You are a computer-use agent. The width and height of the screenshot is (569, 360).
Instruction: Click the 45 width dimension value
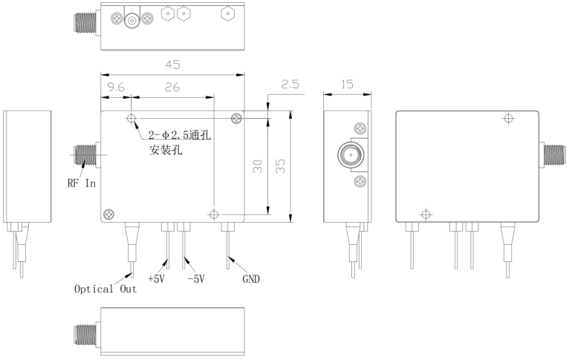(x=172, y=65)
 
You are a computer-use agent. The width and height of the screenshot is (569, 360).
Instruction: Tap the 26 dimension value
(x=172, y=87)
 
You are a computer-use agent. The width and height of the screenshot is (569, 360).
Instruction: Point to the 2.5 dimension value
(x=289, y=85)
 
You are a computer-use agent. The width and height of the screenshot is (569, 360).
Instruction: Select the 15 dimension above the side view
(x=345, y=85)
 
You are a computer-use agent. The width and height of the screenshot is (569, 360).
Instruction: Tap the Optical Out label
(x=105, y=289)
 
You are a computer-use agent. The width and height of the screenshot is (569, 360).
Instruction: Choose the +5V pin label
(x=157, y=279)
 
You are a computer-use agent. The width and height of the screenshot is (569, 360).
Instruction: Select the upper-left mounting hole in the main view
(x=131, y=119)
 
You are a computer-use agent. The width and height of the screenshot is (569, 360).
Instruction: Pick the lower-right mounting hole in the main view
(x=215, y=215)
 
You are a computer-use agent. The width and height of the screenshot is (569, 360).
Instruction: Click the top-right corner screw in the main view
(x=236, y=119)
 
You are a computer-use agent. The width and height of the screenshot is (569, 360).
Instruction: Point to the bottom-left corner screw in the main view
(x=108, y=215)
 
